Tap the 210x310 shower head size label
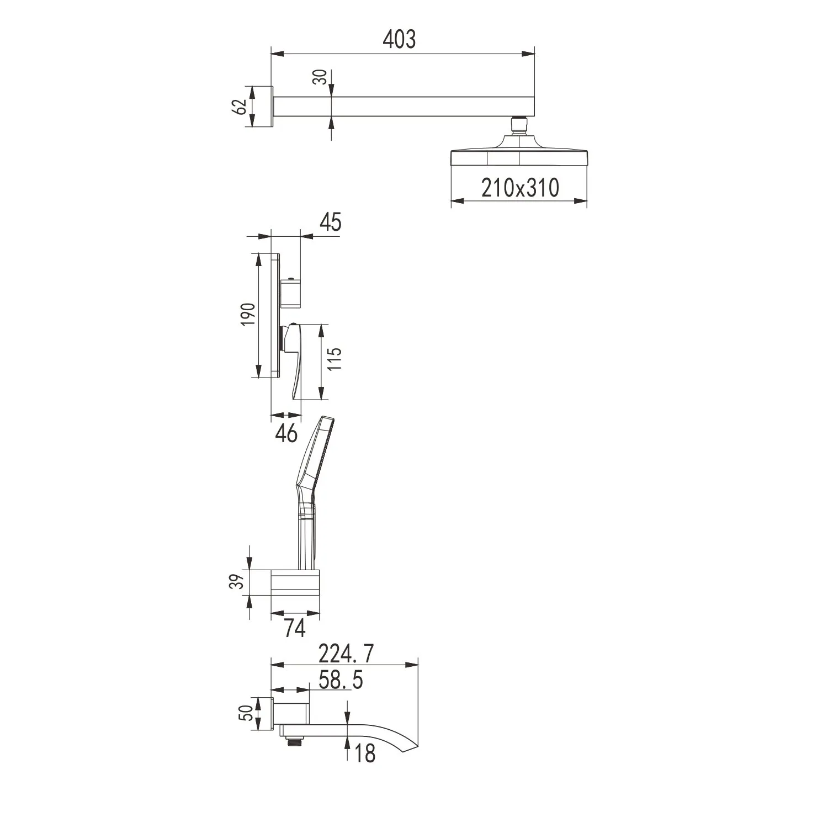pyautogui.click(x=520, y=188)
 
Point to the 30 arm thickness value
pyautogui.click(x=319, y=77)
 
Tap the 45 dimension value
pyautogui.click(x=330, y=222)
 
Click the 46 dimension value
pyautogui.click(x=286, y=433)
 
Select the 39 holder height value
pyautogui.click(x=236, y=582)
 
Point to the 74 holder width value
pyautogui.click(x=295, y=628)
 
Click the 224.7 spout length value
pyautogui.click(x=346, y=655)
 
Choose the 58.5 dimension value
pyautogui.click(x=341, y=680)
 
